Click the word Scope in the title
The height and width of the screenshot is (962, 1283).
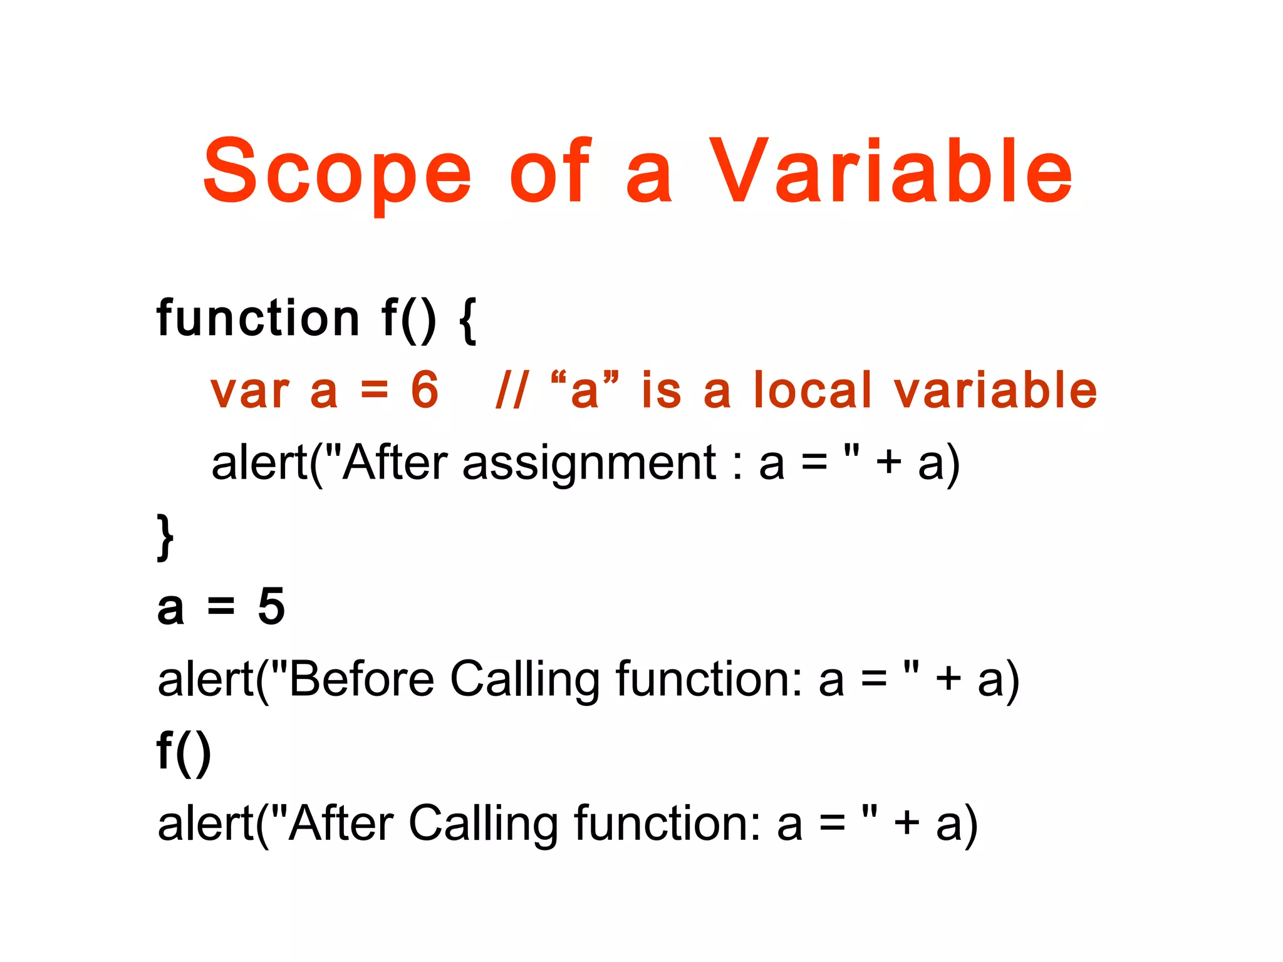tap(337, 172)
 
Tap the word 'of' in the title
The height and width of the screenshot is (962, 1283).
tap(550, 172)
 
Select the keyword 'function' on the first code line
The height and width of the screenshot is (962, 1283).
tap(258, 318)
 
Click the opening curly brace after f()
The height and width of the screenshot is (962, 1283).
tap(468, 321)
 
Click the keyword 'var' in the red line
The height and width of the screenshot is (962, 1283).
tap(250, 391)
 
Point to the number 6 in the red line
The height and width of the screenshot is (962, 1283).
tap(425, 390)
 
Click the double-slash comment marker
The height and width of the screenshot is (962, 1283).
tap(512, 390)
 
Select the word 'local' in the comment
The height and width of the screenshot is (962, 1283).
tap(813, 390)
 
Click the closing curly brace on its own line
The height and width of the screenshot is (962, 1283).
tap(165, 537)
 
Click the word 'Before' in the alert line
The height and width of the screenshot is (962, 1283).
tap(361, 679)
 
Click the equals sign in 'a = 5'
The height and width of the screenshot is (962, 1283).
tap(221, 606)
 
